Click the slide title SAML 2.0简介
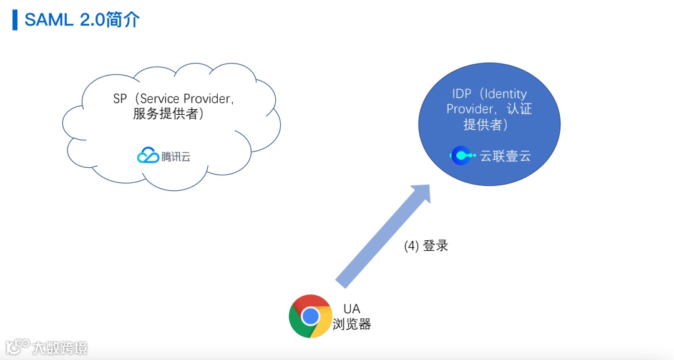[x=82, y=19]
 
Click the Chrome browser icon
[x=310, y=316]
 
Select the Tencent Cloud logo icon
[x=148, y=156]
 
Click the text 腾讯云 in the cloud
[x=176, y=157]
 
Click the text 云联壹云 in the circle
[x=505, y=156]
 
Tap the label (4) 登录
[x=426, y=246]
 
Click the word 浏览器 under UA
[x=351, y=324]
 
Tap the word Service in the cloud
[x=160, y=99]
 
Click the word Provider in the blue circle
[x=468, y=109]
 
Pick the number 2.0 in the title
[x=94, y=19]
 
